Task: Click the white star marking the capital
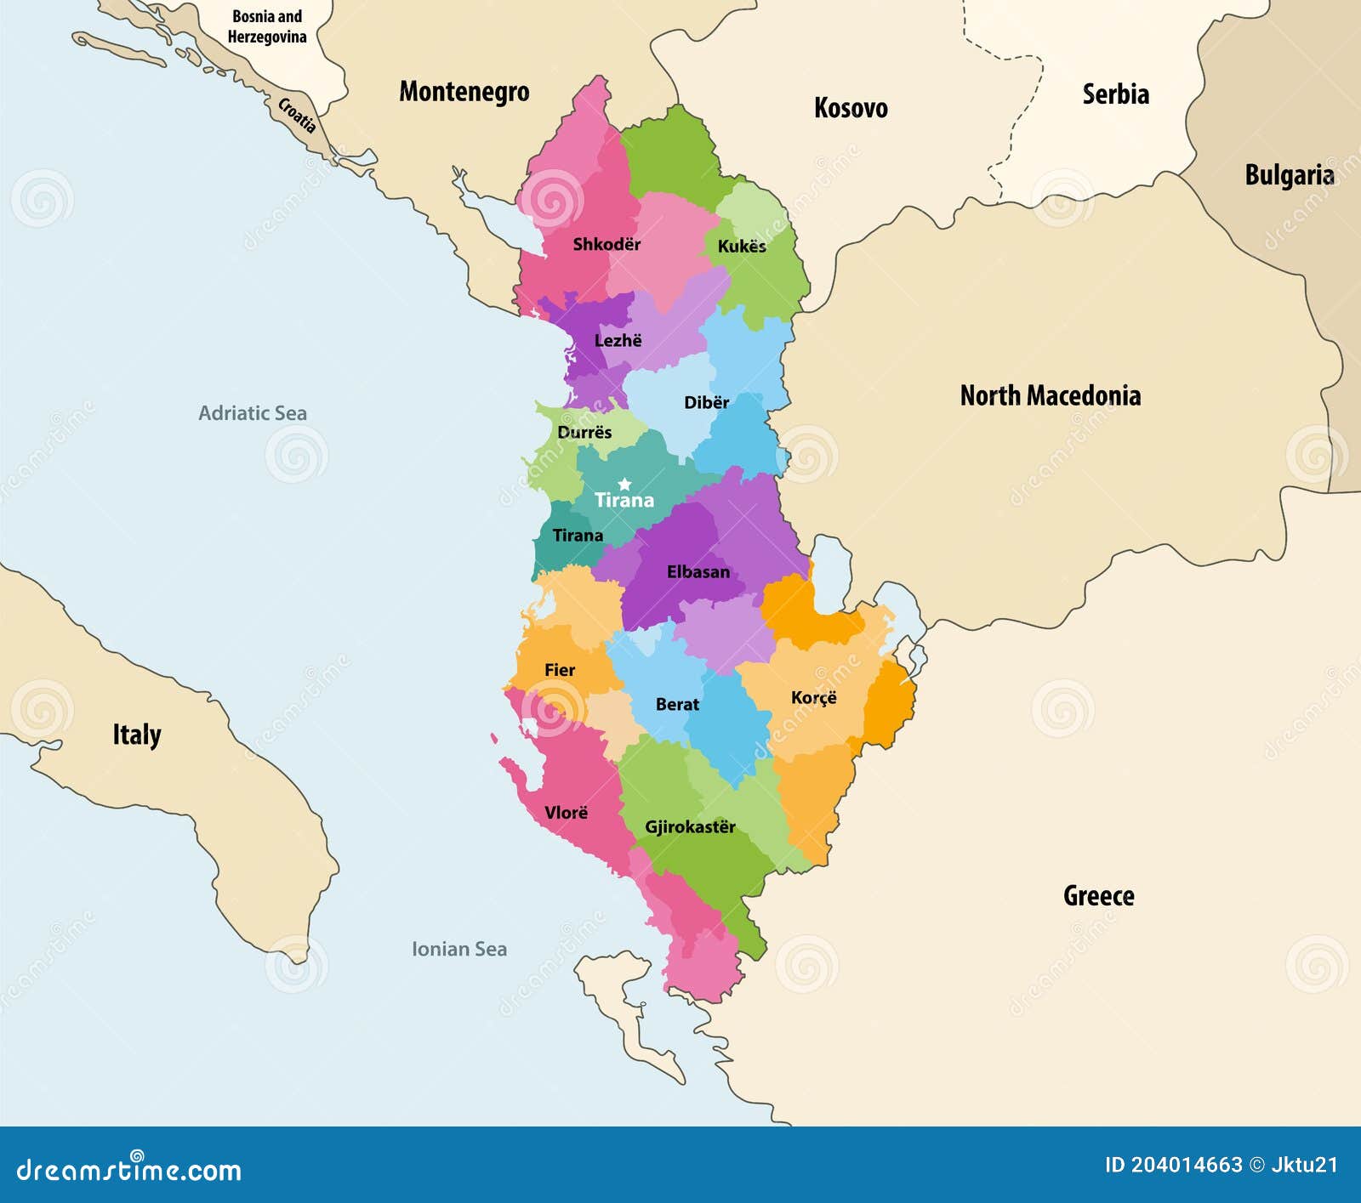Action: click(x=624, y=484)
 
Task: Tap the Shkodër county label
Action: click(x=606, y=245)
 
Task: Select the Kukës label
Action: click(x=741, y=247)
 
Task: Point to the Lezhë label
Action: click(x=618, y=341)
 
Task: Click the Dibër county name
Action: click(x=706, y=403)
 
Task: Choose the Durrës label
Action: click(x=584, y=433)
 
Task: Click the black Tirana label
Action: click(x=578, y=536)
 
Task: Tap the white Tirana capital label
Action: click(x=624, y=501)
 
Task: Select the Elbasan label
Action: click(x=698, y=572)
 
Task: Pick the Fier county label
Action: click(x=560, y=670)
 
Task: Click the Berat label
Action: click(x=677, y=705)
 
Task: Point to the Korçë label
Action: click(x=813, y=698)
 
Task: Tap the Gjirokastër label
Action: click(x=689, y=827)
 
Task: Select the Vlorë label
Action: click(x=566, y=813)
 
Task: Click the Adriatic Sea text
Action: click(x=252, y=413)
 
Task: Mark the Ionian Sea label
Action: click(x=458, y=949)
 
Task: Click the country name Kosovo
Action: click(x=850, y=108)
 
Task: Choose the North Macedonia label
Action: click(x=1050, y=395)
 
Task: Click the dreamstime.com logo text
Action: click(x=128, y=1170)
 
